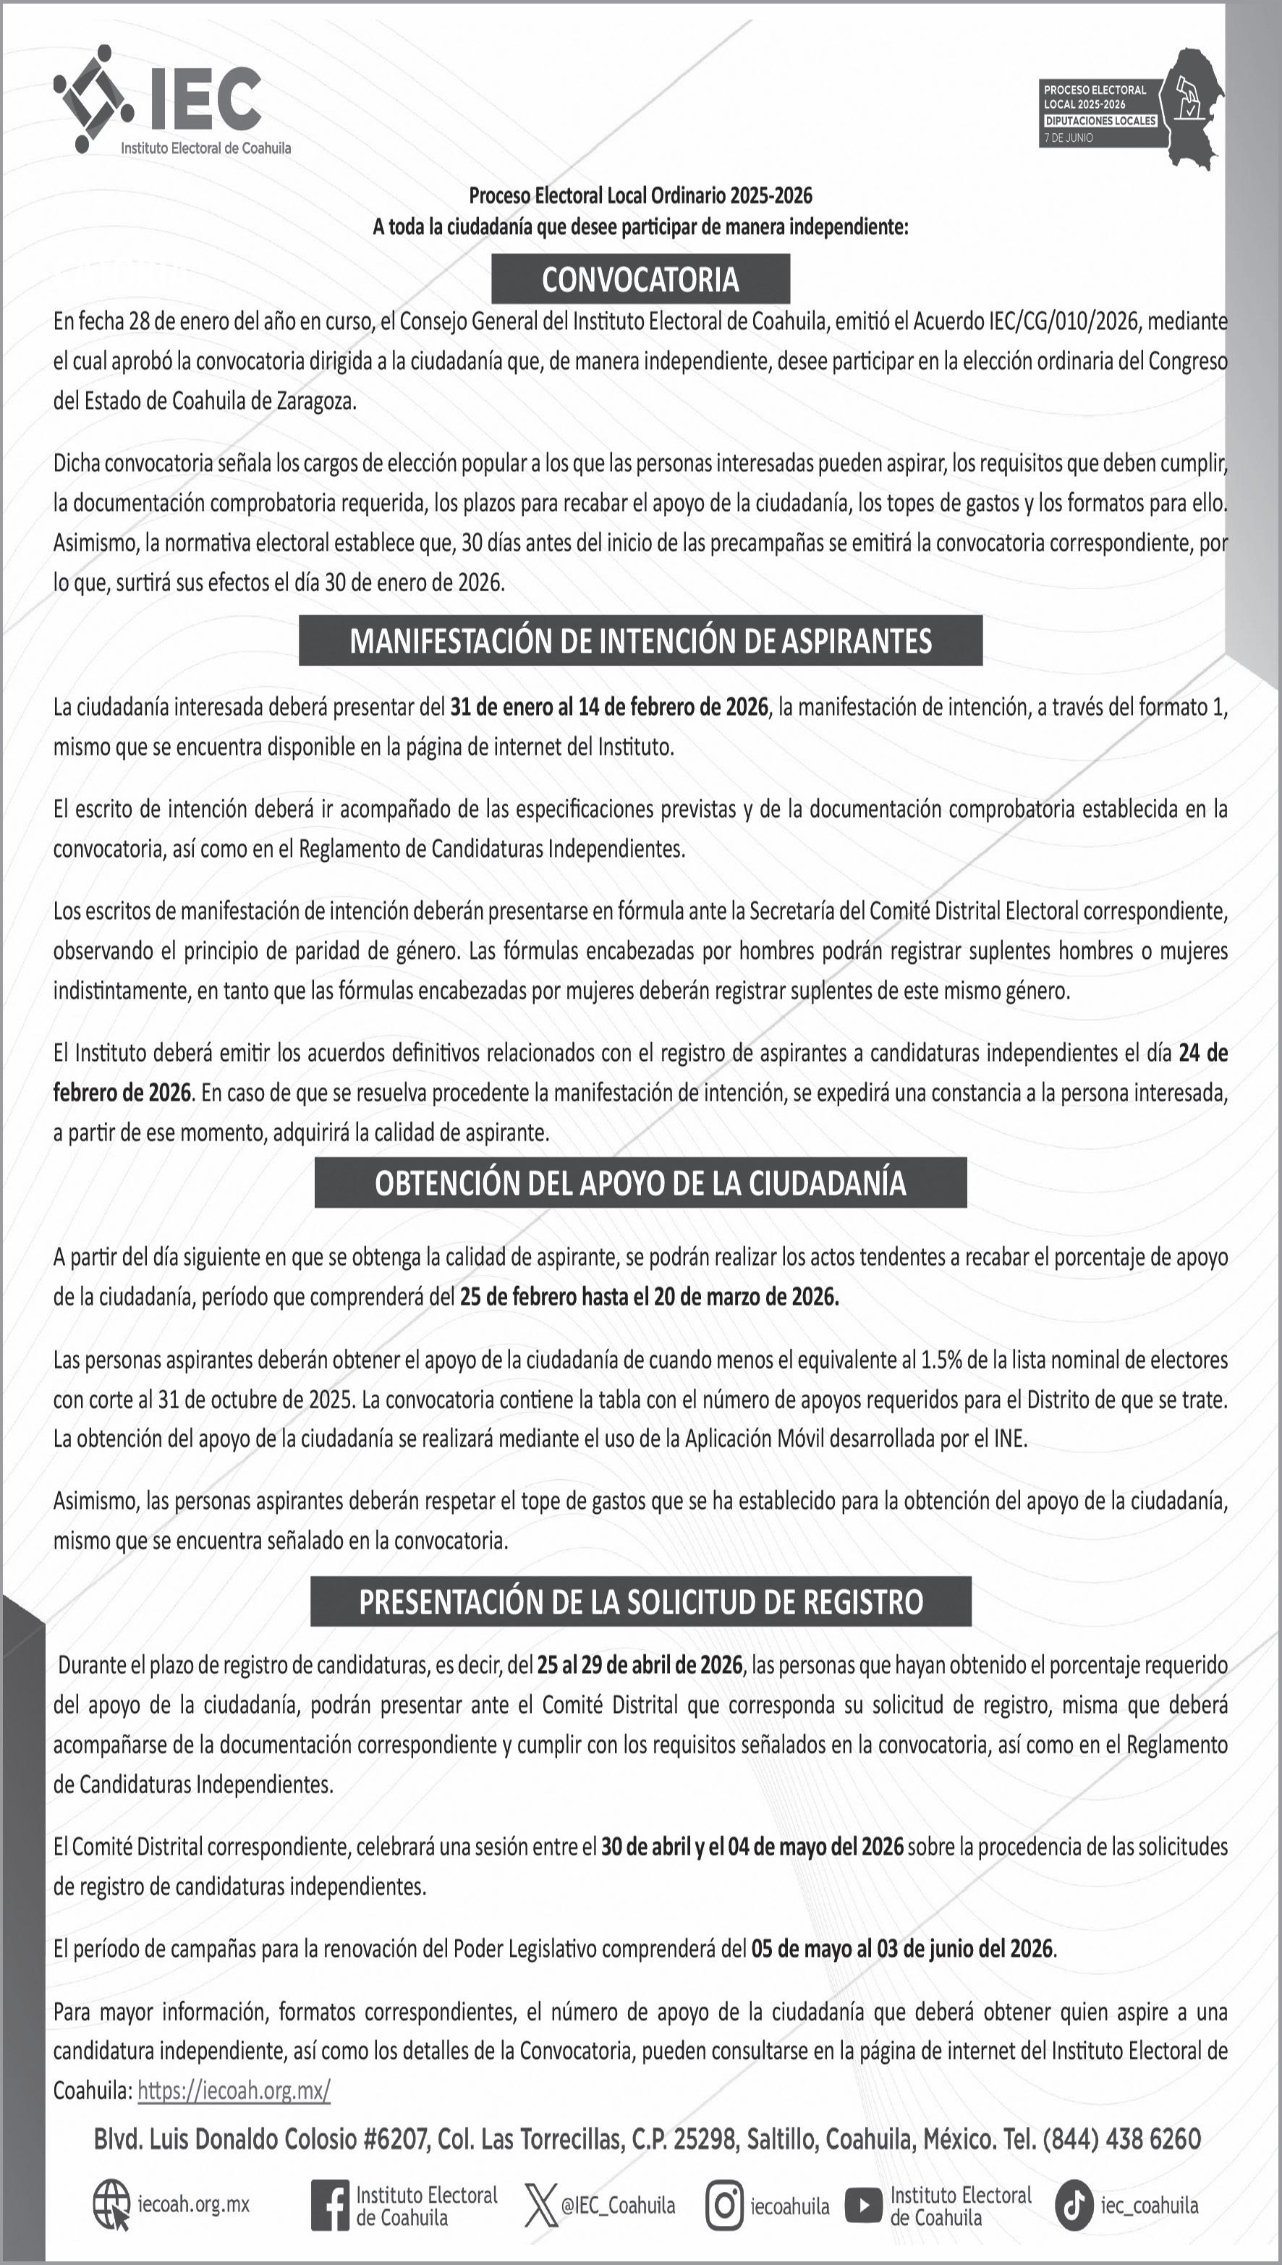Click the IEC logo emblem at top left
coord(93,98)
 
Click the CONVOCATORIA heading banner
coord(640,279)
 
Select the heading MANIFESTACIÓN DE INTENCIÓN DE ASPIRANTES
coord(640,640)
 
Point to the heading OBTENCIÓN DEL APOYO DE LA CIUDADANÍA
coord(640,1182)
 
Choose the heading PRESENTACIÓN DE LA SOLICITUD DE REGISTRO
coord(640,1601)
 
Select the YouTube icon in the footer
coord(863,2205)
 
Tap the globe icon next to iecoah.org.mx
coord(111,2205)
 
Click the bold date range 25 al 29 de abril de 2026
coord(640,1664)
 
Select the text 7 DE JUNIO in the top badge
coord(1068,138)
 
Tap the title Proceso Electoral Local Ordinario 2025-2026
coord(640,195)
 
